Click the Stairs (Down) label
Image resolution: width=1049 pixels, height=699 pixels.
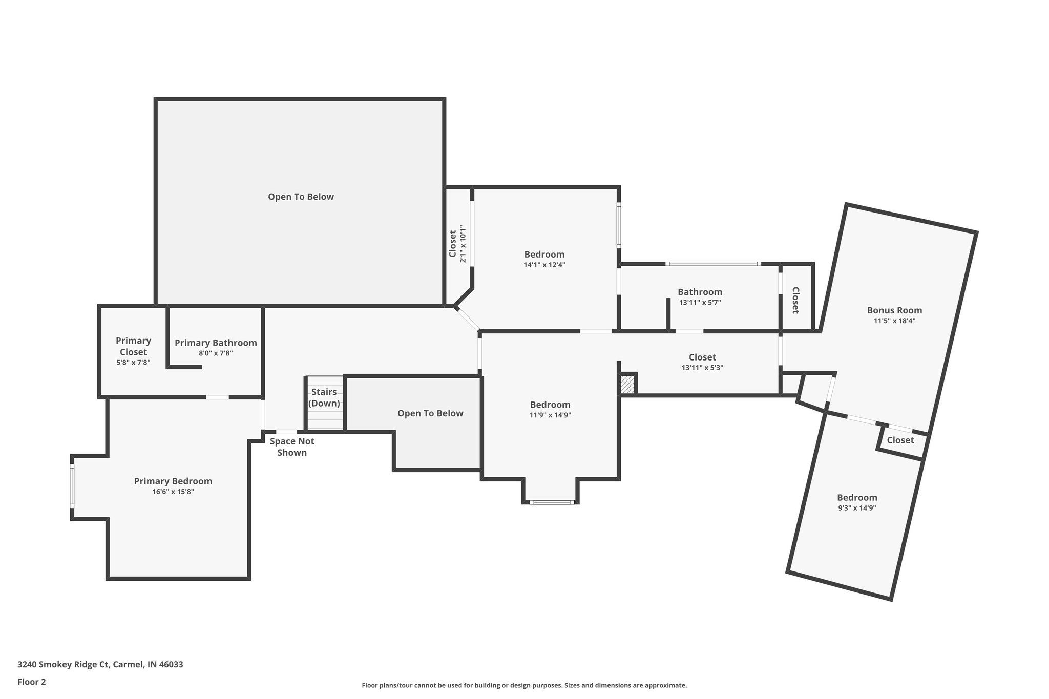point(324,397)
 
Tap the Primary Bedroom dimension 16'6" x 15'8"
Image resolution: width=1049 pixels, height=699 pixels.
point(173,492)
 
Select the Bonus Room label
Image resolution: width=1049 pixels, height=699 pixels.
point(894,310)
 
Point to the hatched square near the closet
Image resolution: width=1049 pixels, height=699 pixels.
point(627,384)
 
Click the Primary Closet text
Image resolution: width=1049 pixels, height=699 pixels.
point(133,346)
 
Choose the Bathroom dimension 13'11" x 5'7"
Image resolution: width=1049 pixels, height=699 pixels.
point(700,303)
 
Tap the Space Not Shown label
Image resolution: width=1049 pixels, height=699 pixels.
point(292,447)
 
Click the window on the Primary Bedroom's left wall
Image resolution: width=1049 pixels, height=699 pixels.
point(72,486)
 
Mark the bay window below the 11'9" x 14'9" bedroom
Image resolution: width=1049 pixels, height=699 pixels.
point(551,502)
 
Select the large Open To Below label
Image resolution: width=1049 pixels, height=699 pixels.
point(301,197)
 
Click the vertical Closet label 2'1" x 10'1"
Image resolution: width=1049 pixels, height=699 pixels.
point(457,244)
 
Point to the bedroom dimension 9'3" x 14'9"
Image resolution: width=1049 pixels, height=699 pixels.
point(857,509)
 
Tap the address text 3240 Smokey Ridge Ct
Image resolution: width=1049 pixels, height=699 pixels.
point(100,664)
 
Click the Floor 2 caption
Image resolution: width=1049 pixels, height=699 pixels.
point(32,682)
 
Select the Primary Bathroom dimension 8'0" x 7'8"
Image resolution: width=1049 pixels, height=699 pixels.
point(216,353)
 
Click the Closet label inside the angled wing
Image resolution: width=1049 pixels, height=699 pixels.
point(900,440)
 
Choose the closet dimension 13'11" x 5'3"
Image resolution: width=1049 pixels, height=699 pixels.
point(702,368)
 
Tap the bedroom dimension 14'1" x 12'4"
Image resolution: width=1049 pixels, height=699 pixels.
point(544,265)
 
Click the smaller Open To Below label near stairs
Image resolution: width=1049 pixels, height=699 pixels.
point(430,413)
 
